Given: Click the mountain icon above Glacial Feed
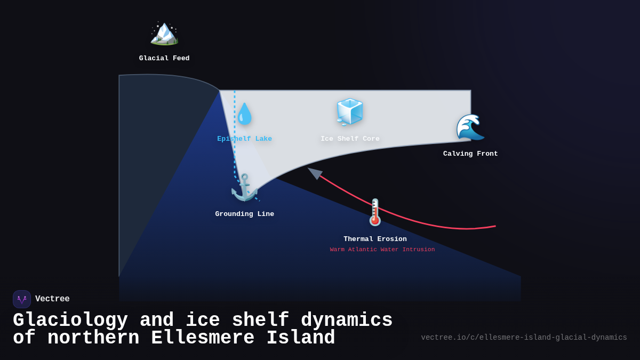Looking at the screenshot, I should pos(164,33).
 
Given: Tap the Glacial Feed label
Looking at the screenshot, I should pos(164,59).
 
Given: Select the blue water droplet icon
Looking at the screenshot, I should pos(244,114).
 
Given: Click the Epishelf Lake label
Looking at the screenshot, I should pos(244,139).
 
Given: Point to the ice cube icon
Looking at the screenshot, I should pos(350,112).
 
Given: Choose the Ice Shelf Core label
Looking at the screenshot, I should pos(350,139).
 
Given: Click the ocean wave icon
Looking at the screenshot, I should pos(470,127).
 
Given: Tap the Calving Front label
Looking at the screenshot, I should pos(470,154).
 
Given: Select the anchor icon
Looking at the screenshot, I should pos(244,187).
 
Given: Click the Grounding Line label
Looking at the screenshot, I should pos(244,214).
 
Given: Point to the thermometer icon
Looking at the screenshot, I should pos(375,212).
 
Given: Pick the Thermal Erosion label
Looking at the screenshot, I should pos(375,239).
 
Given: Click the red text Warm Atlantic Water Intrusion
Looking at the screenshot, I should pos(382,250).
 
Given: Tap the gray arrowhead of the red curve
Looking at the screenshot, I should pos(315,173).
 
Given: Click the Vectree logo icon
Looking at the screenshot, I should pos(22,299).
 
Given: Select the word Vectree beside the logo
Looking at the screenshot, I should pos(52,299).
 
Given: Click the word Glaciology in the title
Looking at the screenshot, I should pos(70,321).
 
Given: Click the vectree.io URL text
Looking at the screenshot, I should pos(524,338).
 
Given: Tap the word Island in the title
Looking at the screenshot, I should pos(301,338).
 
